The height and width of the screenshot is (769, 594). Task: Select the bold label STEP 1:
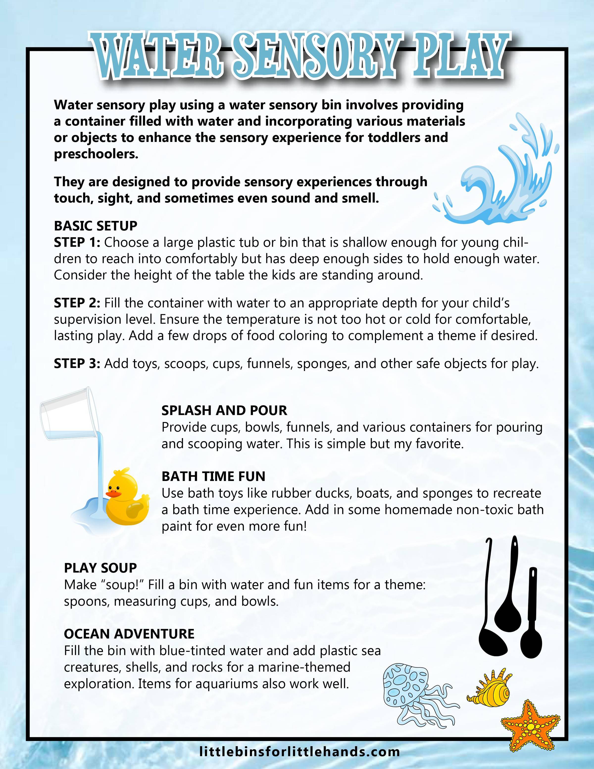77,242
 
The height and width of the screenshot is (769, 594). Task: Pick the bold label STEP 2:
77,303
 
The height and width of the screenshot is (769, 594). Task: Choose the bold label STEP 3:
77,363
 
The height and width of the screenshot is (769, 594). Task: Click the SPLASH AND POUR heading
224,410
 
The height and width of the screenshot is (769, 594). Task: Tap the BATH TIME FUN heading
213,476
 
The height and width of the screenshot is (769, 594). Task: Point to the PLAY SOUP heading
100,568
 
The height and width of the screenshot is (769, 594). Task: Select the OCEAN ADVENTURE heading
129,634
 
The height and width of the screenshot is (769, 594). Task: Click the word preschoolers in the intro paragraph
96,154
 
